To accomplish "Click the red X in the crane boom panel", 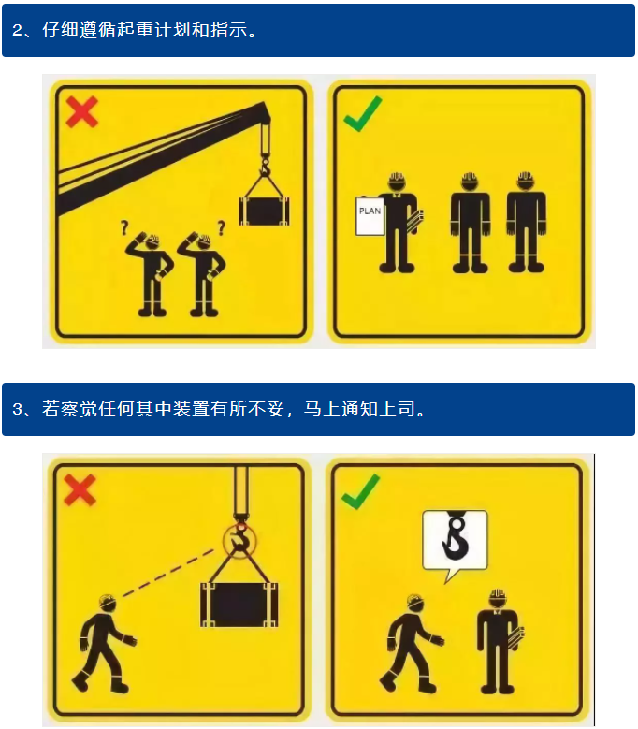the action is pyautogui.click(x=81, y=112).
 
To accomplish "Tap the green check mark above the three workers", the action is pyautogui.click(x=362, y=114).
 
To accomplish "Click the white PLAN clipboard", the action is pyautogui.click(x=370, y=216).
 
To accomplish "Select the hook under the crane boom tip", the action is pyautogui.click(x=266, y=167).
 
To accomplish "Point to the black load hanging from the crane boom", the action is pyautogui.click(x=264, y=211).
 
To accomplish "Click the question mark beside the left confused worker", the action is pyautogui.click(x=123, y=226).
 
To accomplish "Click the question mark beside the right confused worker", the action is pyautogui.click(x=221, y=226).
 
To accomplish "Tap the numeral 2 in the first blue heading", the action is pyautogui.click(x=17, y=30).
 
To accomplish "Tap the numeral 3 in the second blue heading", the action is pyautogui.click(x=17, y=409).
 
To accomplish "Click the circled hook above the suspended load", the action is pyautogui.click(x=239, y=540).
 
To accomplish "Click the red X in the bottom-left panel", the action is pyautogui.click(x=80, y=490).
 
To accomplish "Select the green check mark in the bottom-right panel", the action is pyautogui.click(x=360, y=492).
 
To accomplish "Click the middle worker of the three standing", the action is pyautogui.click(x=470, y=222).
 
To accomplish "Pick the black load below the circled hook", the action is pyautogui.click(x=239, y=605).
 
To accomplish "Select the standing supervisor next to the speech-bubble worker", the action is pyautogui.click(x=499, y=642).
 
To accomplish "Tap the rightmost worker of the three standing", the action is pyautogui.click(x=526, y=222).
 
